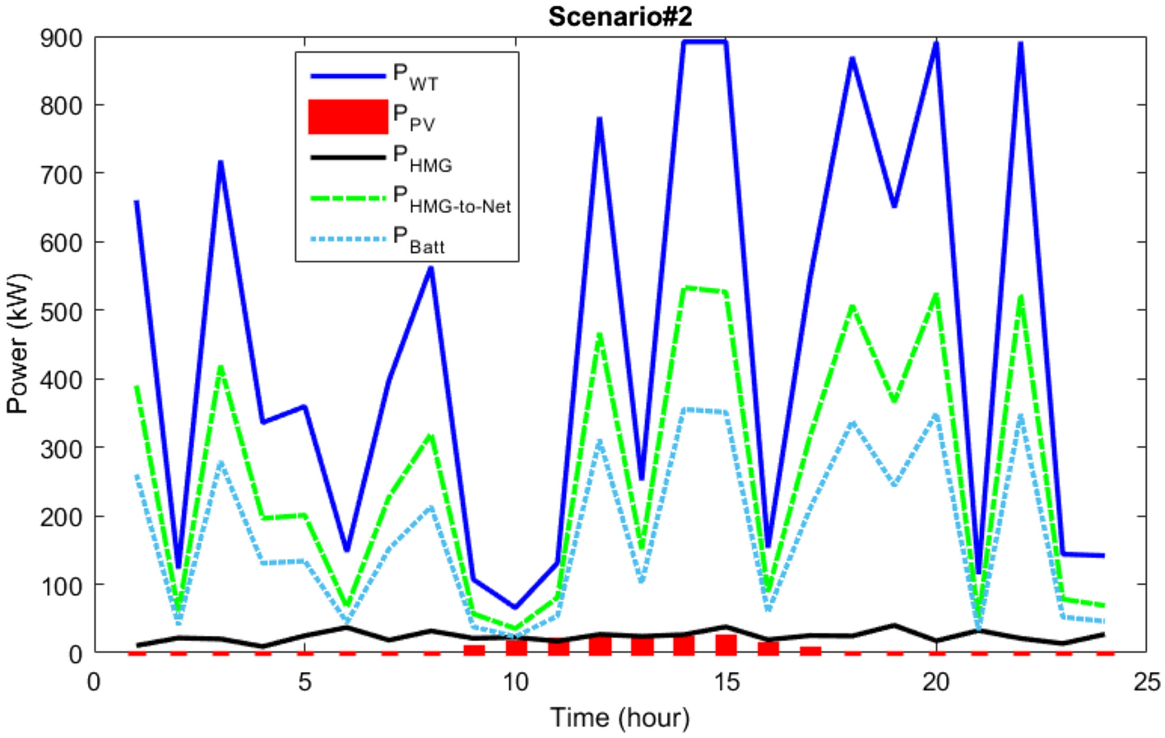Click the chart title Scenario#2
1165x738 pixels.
(620, 16)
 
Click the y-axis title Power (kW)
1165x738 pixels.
(17, 344)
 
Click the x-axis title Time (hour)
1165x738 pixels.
(620, 717)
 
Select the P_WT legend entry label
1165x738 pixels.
(415, 77)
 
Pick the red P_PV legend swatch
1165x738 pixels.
(348, 117)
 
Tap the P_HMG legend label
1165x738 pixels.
(422, 158)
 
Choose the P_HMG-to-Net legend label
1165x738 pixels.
(452, 199)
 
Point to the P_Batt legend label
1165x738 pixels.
(419, 239)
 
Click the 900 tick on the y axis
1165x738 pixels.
(62, 38)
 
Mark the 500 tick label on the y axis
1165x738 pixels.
(62, 311)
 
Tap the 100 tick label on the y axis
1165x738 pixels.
(62, 585)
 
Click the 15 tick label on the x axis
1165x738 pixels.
(726, 682)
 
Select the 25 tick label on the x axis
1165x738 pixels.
(1146, 682)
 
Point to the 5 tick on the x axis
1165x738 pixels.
(305, 682)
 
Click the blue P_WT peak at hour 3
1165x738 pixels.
(220, 162)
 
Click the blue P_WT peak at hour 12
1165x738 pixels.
(600, 119)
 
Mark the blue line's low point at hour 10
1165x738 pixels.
(515, 607)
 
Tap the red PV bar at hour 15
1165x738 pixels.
(726, 644)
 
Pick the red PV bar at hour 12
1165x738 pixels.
(600, 645)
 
